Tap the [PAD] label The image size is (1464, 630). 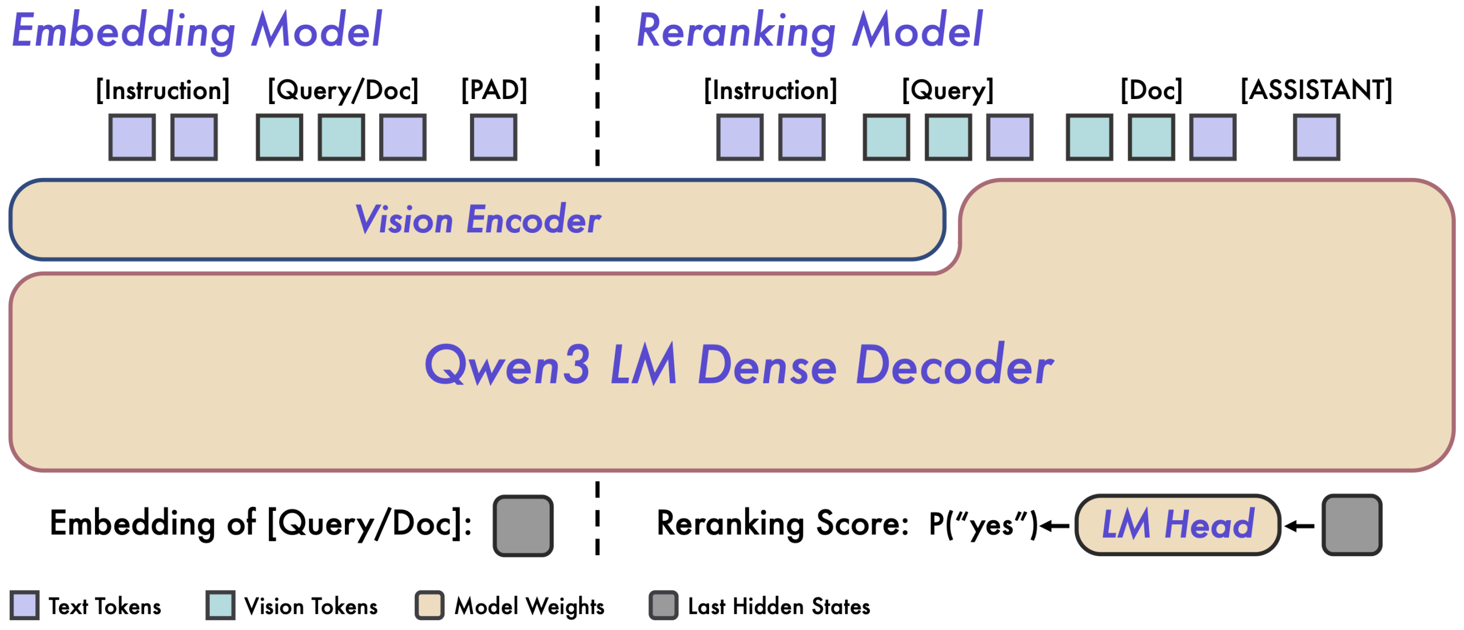[x=494, y=90]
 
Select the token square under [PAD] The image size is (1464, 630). [x=494, y=137]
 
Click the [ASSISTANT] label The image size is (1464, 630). [x=1316, y=90]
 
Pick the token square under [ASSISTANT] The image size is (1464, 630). [x=1316, y=137]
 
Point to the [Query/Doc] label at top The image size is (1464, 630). [x=343, y=90]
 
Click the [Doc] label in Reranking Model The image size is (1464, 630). [x=1151, y=90]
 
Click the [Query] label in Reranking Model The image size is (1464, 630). [x=948, y=90]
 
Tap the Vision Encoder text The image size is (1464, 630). [x=478, y=220]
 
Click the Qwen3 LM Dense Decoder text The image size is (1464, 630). [x=739, y=365]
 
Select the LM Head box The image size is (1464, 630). [x=1177, y=525]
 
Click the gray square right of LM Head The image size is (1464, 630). [x=1352, y=525]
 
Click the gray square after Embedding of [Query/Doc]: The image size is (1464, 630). [x=523, y=525]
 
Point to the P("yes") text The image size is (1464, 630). [x=982, y=525]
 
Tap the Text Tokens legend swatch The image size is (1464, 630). [x=25, y=605]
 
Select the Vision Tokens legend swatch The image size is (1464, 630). [x=220, y=605]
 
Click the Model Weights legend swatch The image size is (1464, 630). [x=429, y=605]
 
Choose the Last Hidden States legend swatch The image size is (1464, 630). [x=663, y=605]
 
